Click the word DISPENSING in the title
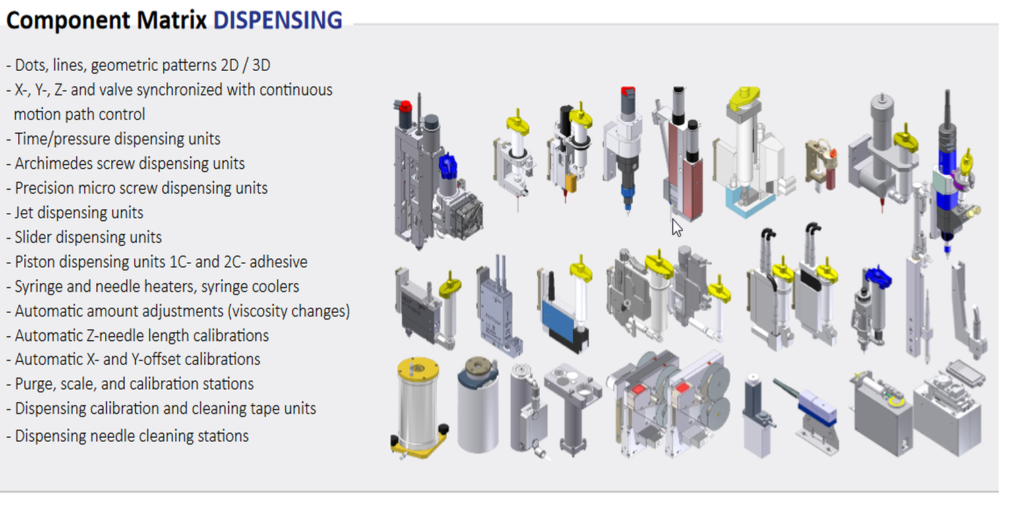point(277,20)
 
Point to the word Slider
point(32,237)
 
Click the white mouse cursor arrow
point(677,227)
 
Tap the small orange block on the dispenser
point(572,183)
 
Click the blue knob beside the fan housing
point(448,165)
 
